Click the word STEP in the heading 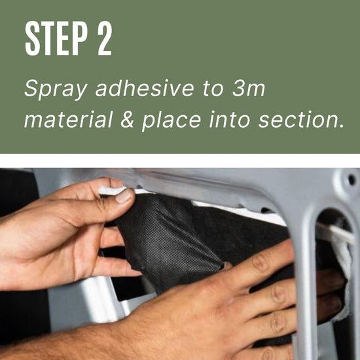(56, 38)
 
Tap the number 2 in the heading (105, 38)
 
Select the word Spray (56, 90)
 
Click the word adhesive (145, 88)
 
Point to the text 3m (249, 88)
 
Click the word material (69, 119)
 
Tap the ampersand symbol (128, 119)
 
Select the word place (171, 121)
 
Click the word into (229, 119)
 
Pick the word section (301, 119)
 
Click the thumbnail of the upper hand (123, 196)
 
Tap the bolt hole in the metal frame (351, 179)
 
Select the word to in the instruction (213, 88)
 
